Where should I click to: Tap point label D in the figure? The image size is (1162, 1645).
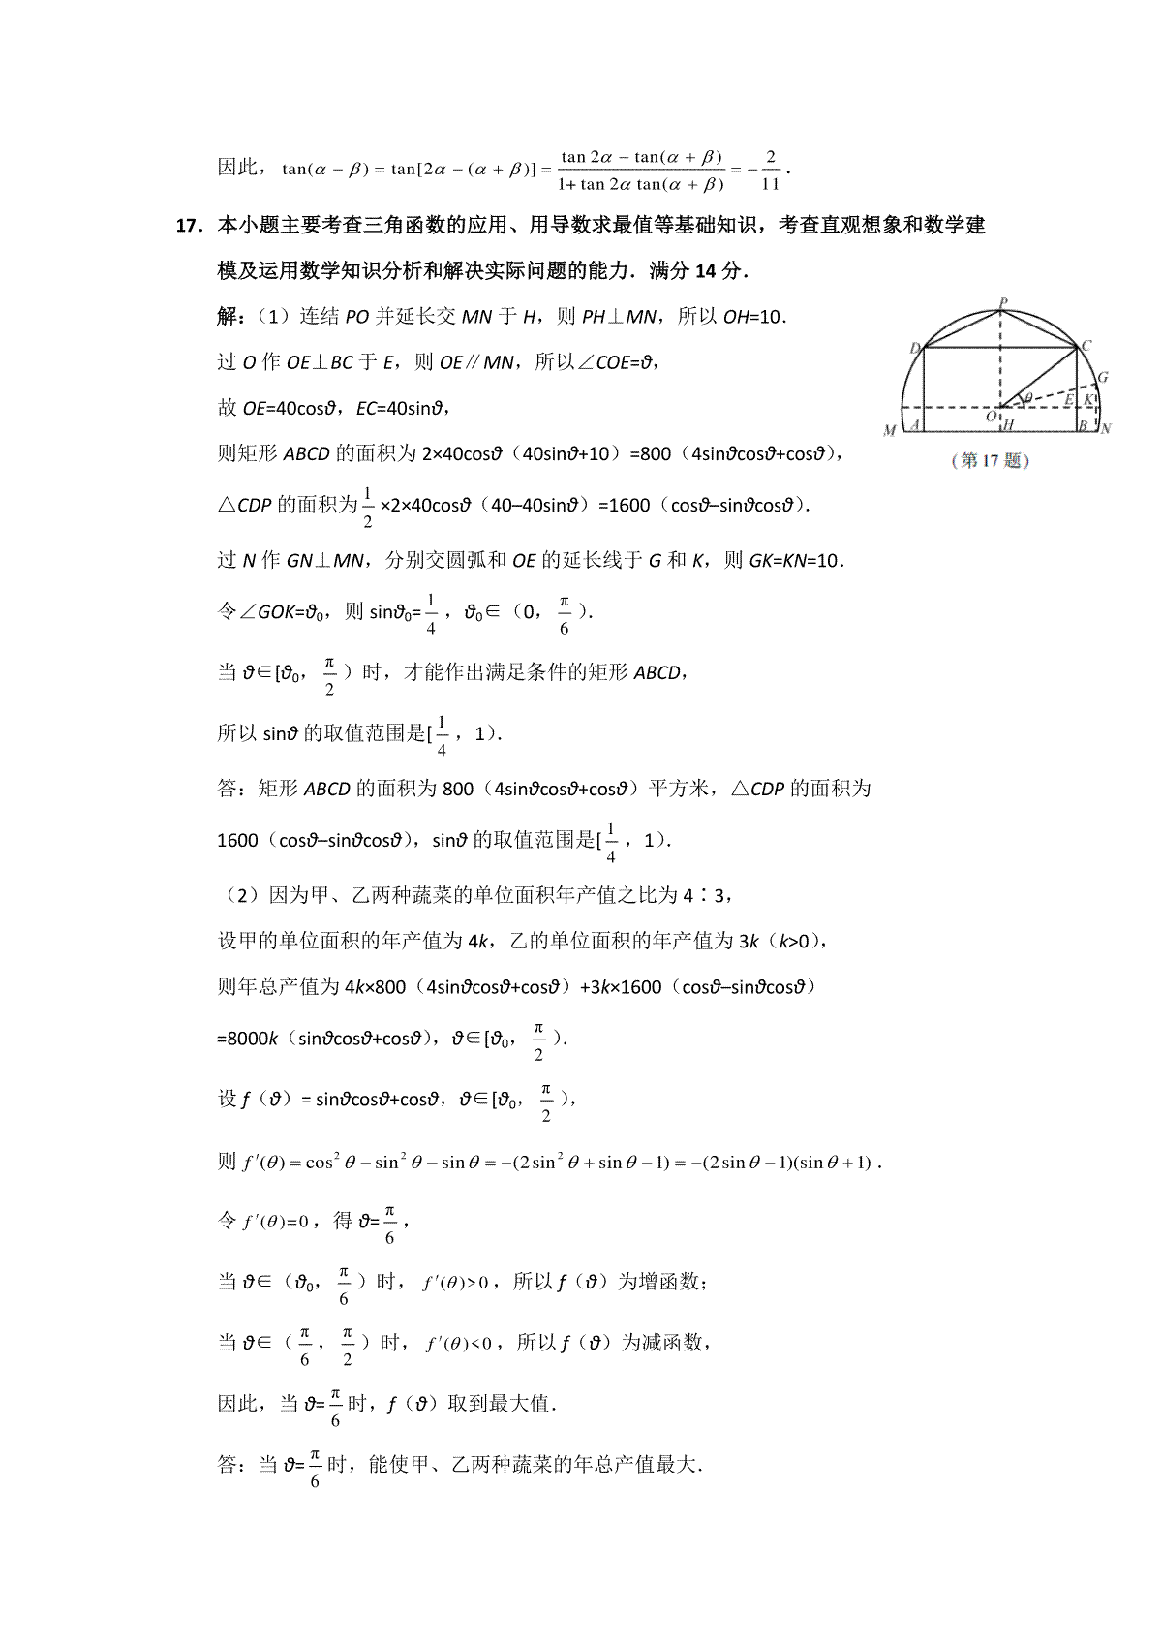point(914,349)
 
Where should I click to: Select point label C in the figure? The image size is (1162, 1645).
point(1086,346)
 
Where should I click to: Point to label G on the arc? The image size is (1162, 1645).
point(1103,377)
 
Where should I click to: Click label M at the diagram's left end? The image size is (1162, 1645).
point(889,430)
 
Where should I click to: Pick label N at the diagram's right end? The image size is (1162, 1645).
point(1106,428)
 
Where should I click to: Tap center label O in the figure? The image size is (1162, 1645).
point(990,416)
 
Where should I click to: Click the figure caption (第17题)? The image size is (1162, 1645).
point(991,461)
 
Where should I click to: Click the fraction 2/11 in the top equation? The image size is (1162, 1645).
point(771,170)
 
